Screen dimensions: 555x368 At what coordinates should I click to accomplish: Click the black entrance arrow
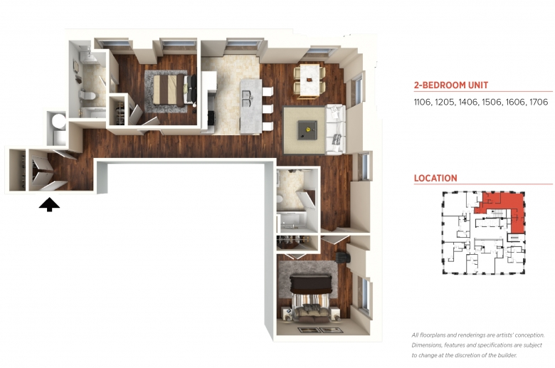click(x=49, y=205)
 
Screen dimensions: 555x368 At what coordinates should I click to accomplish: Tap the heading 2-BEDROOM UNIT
click(x=451, y=85)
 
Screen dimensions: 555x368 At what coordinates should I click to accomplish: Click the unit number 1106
click(x=422, y=102)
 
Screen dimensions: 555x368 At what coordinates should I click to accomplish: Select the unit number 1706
click(x=539, y=102)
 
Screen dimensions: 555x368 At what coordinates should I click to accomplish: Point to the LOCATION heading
click(x=435, y=178)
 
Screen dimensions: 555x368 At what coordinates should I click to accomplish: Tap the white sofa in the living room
click(x=335, y=130)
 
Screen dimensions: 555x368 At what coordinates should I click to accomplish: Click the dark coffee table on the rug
click(x=307, y=130)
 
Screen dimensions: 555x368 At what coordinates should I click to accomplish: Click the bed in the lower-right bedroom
click(x=311, y=298)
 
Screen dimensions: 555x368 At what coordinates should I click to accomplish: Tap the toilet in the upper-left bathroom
click(x=87, y=95)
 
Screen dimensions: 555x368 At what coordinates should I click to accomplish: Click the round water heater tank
click(x=59, y=121)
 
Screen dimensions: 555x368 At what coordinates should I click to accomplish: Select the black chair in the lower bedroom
click(x=342, y=257)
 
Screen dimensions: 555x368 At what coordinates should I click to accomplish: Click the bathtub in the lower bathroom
click(x=294, y=220)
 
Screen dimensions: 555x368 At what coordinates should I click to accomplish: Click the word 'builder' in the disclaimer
click(x=505, y=355)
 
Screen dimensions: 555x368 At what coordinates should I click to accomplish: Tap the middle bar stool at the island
click(x=268, y=109)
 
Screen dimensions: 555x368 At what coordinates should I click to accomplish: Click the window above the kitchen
click(x=243, y=44)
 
